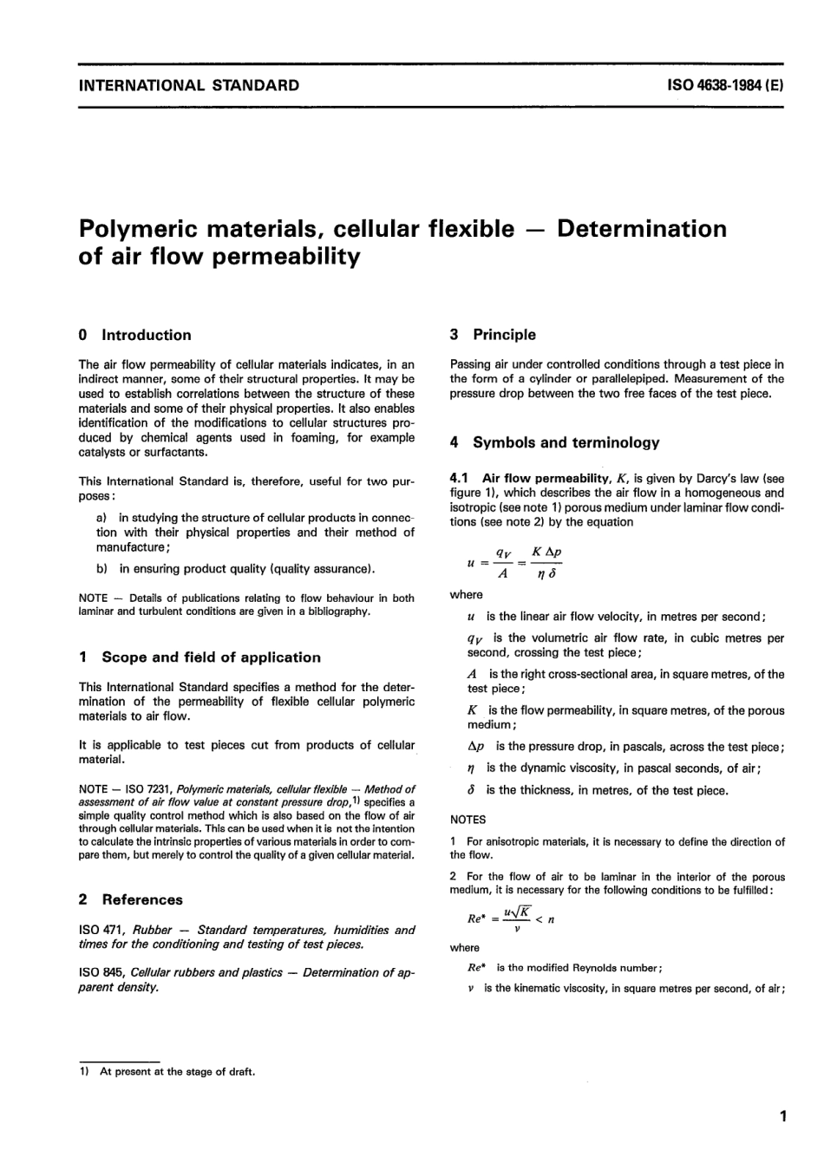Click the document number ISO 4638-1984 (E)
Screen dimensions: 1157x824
[x=726, y=85]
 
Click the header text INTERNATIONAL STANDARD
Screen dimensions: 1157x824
[x=188, y=85]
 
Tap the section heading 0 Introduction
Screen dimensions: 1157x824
[x=134, y=335]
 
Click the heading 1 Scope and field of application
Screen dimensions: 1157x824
[x=199, y=657]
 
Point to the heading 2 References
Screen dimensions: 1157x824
[x=130, y=899]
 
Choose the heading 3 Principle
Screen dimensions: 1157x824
[x=493, y=335]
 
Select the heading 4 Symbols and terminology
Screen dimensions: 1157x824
[x=554, y=442]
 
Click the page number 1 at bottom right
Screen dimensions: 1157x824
[x=782, y=1116]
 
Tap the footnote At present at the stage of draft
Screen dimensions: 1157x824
[x=176, y=1071]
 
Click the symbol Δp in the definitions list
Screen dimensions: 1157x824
[x=475, y=747]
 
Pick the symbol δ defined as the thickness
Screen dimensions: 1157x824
[x=471, y=790]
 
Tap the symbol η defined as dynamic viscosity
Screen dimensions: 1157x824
[x=471, y=768]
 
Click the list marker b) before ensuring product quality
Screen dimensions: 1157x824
[x=102, y=569]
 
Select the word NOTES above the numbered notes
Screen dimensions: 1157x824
[x=468, y=820]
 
